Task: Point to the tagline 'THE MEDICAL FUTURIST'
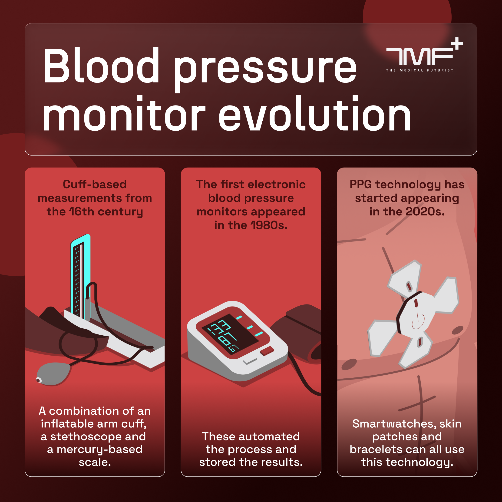coord(420,70)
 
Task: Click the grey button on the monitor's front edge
coord(249,361)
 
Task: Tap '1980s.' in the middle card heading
coord(269,225)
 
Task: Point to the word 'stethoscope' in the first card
coord(86,436)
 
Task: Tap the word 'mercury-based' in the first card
coord(99,449)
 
